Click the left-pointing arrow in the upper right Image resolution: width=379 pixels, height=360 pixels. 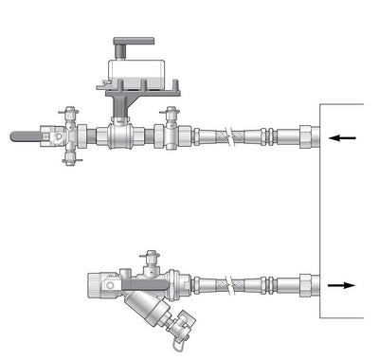[343, 138]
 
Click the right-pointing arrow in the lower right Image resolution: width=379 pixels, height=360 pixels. [342, 284]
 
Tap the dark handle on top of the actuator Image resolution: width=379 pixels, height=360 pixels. [133, 44]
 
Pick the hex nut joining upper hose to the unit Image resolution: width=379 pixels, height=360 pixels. [308, 135]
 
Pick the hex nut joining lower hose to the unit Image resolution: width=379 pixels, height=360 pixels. [308, 284]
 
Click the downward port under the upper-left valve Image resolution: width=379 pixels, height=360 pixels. [67, 157]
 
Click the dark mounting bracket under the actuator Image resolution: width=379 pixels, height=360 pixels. [124, 99]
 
